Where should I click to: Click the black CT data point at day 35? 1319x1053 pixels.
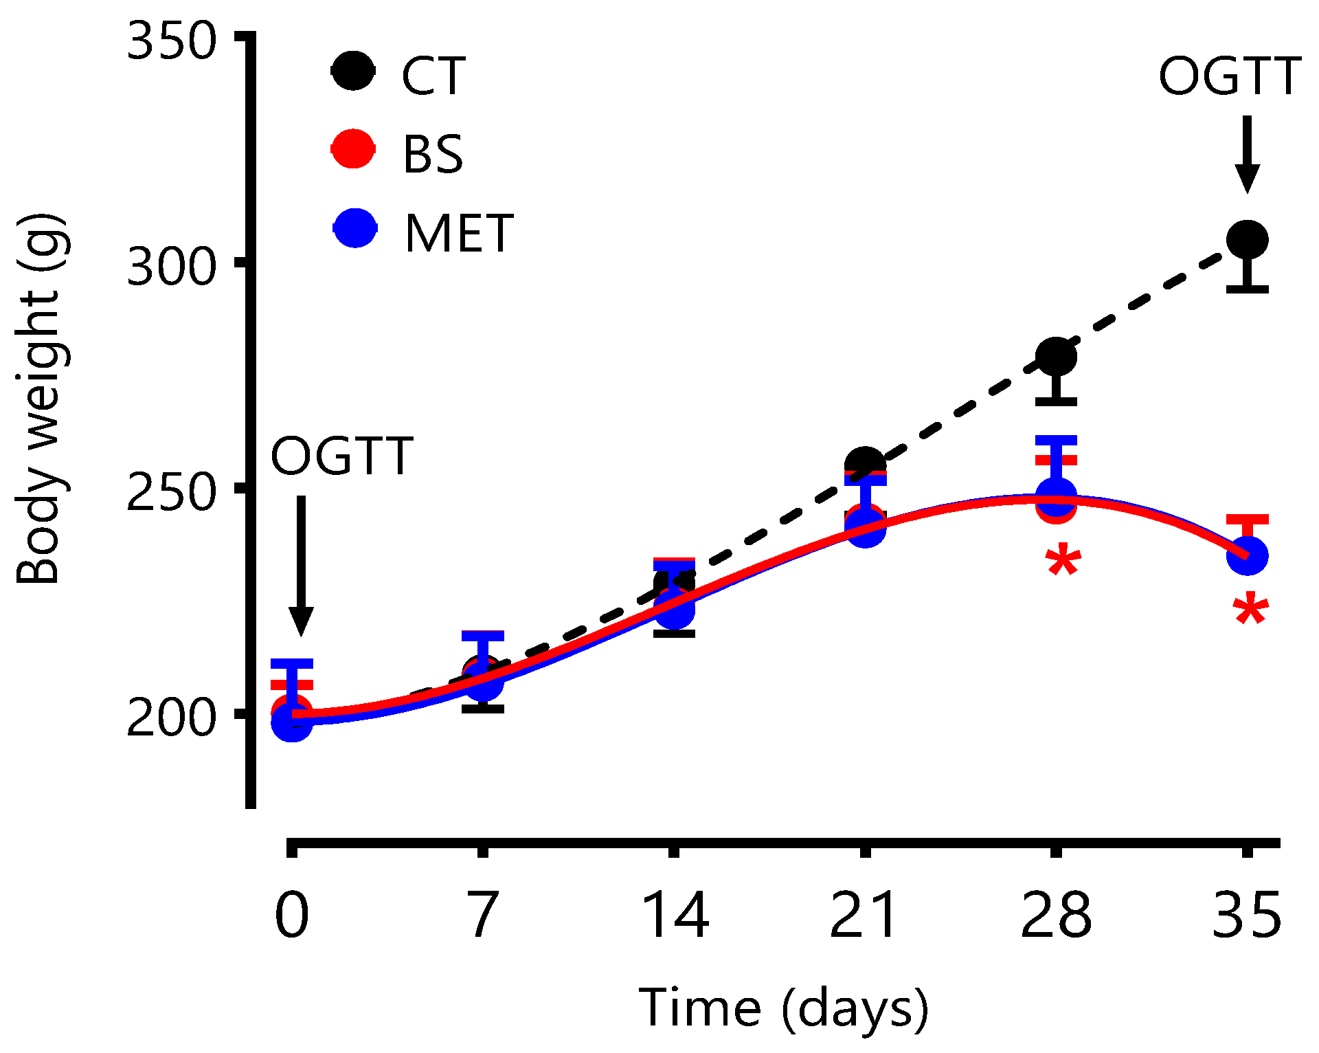1247,241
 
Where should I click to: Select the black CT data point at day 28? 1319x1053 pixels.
1056,357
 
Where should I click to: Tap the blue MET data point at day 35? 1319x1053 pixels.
1247,556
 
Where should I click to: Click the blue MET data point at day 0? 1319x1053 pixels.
292,722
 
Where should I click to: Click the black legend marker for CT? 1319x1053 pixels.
354,71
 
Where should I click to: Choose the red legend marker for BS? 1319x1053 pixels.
354,148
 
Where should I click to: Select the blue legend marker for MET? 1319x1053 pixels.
355,228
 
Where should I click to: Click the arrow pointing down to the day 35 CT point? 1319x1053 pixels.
1247,154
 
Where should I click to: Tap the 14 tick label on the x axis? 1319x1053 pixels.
674,916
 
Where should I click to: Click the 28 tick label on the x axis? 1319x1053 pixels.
1056,916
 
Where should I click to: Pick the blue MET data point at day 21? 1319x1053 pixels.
866,528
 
